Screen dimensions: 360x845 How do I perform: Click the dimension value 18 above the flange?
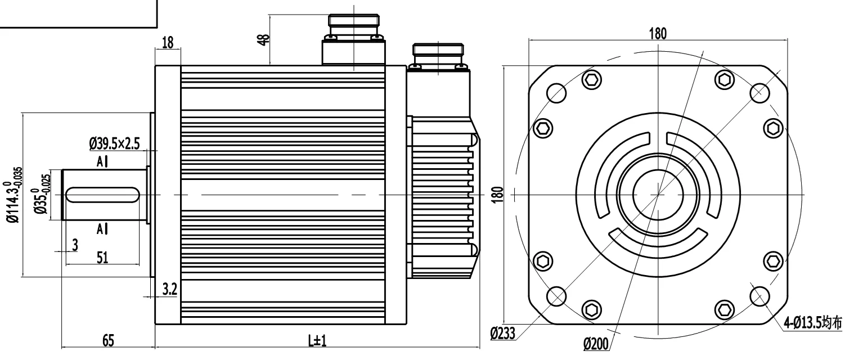(167, 42)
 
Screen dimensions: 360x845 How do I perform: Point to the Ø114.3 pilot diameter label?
(14, 195)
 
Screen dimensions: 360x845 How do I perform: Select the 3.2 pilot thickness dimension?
(169, 289)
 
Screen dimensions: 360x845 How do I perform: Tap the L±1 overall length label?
(317, 341)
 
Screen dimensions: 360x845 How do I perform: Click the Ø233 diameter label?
(502, 334)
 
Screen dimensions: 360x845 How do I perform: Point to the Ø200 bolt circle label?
(596, 344)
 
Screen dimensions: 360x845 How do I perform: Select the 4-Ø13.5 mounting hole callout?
(813, 323)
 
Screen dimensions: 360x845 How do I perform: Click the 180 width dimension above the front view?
(657, 33)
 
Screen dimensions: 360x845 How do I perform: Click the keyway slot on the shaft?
(102, 195)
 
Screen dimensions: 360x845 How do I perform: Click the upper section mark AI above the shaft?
(102, 162)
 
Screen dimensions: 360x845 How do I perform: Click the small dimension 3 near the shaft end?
(75, 244)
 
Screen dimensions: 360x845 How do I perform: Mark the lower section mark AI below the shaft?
(102, 229)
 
